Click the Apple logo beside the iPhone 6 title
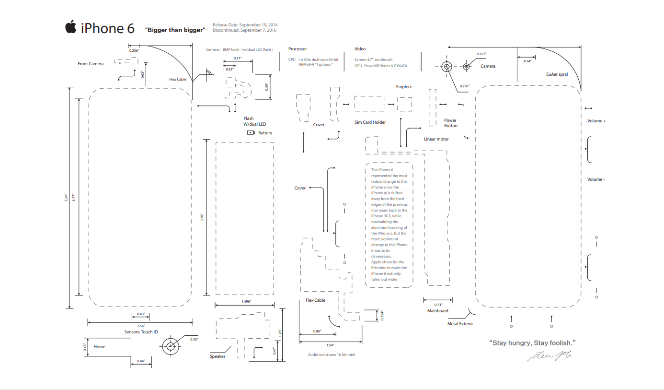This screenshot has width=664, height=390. click(x=71, y=27)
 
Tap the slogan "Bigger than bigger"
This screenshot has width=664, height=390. click(x=175, y=30)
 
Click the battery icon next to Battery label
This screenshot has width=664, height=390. click(x=251, y=132)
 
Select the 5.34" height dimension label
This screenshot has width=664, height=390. click(x=67, y=197)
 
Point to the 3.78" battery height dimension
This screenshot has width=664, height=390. click(x=202, y=217)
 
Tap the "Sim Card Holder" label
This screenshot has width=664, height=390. click(x=370, y=122)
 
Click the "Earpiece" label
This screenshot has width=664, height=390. click(x=404, y=87)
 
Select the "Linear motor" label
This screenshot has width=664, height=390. click(x=436, y=139)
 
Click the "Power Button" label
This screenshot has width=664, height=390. click(x=450, y=123)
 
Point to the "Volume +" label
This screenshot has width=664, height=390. click(x=596, y=121)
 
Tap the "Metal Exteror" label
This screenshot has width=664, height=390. click(x=460, y=324)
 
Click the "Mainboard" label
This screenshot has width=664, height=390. click(x=437, y=311)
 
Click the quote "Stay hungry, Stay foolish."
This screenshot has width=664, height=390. click(x=532, y=343)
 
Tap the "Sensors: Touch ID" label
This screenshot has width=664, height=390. click(x=141, y=332)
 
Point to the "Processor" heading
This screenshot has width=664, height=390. click(x=298, y=49)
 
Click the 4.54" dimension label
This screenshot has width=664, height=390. click(x=527, y=61)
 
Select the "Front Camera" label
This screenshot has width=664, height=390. click(x=91, y=64)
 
